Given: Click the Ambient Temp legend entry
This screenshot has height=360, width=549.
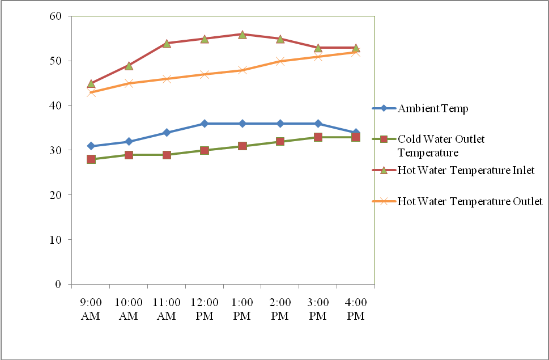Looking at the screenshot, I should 433,109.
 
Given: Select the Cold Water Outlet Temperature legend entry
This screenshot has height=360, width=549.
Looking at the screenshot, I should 441,146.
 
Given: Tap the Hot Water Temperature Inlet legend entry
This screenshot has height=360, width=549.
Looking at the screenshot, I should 466,170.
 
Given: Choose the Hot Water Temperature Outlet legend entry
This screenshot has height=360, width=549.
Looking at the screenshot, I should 470,201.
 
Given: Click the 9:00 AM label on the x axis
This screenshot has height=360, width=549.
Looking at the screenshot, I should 91,308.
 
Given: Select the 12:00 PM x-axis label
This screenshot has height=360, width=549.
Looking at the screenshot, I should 205,308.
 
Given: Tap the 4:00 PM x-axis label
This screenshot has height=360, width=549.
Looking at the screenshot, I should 356,308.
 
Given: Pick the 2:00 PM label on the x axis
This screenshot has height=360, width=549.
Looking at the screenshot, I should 280,308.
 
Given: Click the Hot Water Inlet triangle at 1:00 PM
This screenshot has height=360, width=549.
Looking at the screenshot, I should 242,35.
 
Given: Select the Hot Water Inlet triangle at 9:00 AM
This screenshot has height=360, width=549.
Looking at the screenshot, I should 91,83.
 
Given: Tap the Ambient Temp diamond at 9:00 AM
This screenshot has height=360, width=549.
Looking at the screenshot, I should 91,146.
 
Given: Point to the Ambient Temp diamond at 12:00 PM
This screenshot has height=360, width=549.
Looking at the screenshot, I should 205,124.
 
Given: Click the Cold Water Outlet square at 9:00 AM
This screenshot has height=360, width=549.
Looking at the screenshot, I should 91,159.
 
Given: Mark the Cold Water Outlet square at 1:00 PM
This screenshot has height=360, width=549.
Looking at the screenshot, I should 242,146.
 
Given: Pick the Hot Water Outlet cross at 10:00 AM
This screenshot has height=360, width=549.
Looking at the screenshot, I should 129,83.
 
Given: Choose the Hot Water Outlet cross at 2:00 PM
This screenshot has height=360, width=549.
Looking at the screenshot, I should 280,61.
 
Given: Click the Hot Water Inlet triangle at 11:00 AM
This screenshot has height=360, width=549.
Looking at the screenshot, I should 167,44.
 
